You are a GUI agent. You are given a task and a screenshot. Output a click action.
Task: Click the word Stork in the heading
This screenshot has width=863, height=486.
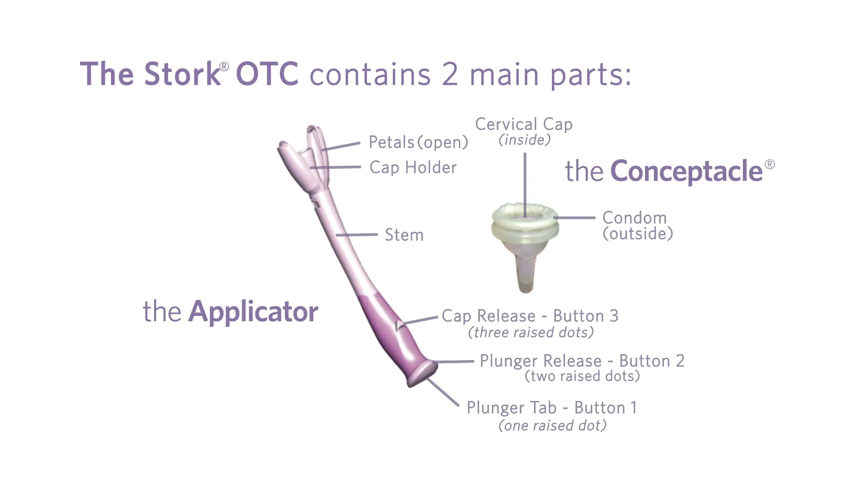coord(182,74)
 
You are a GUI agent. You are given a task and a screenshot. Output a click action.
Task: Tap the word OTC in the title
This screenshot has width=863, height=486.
coord(267,74)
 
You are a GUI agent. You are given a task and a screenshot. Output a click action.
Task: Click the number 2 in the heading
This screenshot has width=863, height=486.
coord(450,74)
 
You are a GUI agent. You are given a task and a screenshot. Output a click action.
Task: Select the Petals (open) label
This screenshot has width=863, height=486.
coord(418,142)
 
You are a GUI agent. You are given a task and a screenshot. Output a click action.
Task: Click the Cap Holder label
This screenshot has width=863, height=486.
coord(413,167)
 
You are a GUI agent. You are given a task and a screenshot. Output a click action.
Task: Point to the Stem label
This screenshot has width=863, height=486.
coord(404,235)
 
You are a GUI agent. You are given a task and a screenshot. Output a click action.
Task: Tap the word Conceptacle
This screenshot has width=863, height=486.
coord(686,171)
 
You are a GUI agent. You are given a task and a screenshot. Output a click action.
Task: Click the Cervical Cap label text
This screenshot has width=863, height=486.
coord(524,124)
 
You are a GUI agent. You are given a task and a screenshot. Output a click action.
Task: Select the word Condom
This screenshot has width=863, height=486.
coord(634,218)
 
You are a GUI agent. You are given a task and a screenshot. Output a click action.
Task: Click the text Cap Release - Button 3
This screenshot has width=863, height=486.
coord(530,316)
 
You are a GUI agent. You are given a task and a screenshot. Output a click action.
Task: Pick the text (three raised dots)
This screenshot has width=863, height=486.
coord(531,333)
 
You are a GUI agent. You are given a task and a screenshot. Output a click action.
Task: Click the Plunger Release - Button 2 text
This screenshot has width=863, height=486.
coord(582,361)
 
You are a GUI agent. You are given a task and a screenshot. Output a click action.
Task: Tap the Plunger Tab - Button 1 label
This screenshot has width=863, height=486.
coord(552,408)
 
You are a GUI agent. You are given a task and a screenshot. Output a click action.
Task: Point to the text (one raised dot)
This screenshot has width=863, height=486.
coord(552,426)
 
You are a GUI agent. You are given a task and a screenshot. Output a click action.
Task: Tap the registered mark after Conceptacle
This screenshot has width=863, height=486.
coord(770,164)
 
